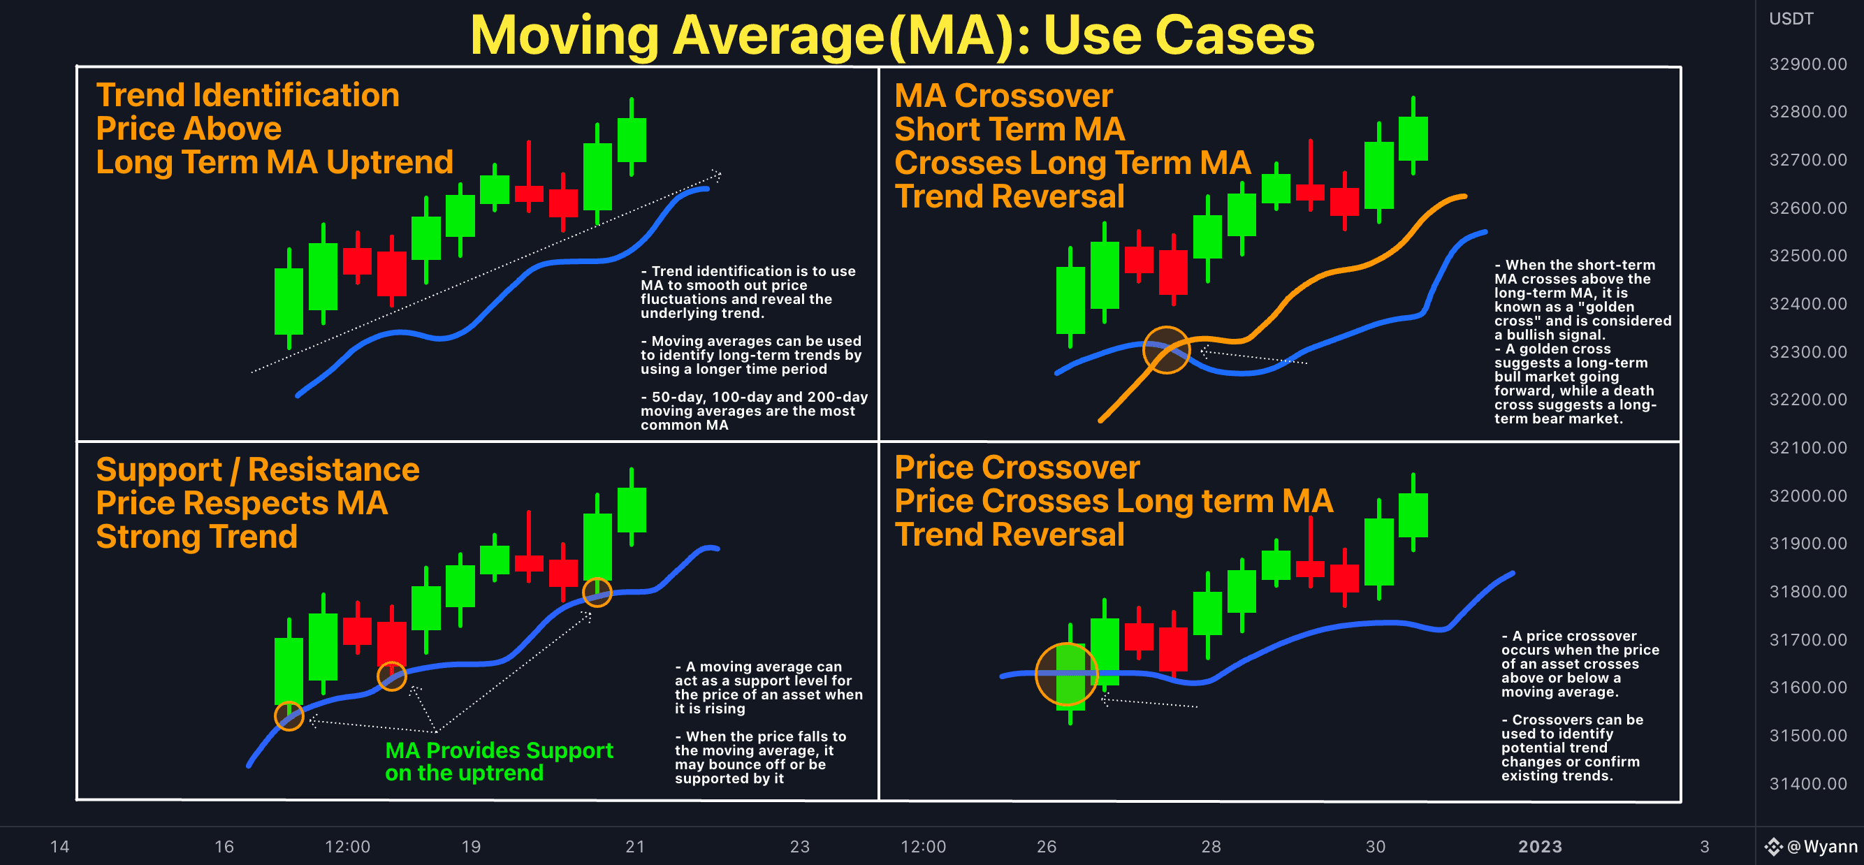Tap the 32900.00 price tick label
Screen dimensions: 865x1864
tap(1807, 64)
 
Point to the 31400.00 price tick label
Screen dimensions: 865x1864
tap(1807, 783)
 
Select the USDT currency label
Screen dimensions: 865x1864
tap(1791, 19)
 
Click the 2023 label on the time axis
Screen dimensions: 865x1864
tap(1539, 846)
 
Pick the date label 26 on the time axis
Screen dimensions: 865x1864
tap(1047, 846)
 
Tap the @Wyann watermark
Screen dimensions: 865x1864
tap(1821, 846)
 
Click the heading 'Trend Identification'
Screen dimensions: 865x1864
tap(247, 95)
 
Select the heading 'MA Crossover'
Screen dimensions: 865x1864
tap(1003, 96)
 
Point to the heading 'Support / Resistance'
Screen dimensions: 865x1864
tap(258, 470)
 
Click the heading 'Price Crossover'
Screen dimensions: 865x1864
tap(1017, 467)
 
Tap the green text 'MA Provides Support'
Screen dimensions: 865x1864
tap(499, 750)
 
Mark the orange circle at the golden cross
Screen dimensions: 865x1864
tap(1166, 349)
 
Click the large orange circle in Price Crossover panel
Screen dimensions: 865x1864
tap(1067, 674)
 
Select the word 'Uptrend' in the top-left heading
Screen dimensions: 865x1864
tap(389, 162)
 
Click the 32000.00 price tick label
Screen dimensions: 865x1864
tap(1807, 496)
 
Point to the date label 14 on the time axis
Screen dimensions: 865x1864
tap(59, 846)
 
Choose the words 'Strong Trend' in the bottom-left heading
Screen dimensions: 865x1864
tap(197, 537)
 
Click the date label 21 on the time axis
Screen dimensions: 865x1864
tap(634, 846)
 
